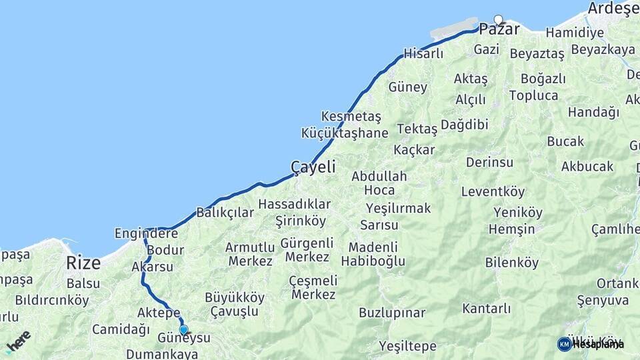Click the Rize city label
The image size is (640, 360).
[83, 263]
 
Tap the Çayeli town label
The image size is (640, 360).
[313, 167]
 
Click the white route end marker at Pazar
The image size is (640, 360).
[498, 19]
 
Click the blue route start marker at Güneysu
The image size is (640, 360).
[183, 329]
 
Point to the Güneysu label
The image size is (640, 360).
[183, 338]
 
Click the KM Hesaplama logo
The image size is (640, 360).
[591, 344]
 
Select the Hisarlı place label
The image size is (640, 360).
[423, 54]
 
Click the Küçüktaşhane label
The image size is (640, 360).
[345, 133]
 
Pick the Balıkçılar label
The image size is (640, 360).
[225, 213]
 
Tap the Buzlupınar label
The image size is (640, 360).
[392, 313]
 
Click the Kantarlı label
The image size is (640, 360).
[487, 309]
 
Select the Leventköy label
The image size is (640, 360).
[493, 192]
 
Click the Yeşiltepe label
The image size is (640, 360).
[408, 346]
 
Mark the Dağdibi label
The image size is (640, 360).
[465, 125]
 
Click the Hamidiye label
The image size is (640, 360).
[575, 33]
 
